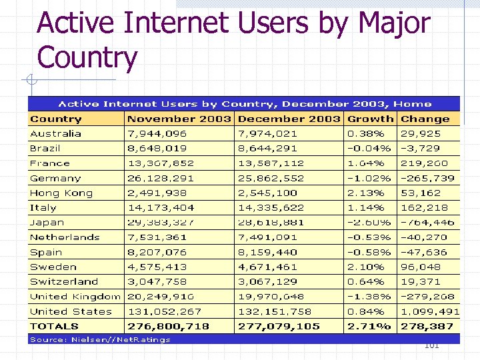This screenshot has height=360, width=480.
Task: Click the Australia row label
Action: click(x=55, y=133)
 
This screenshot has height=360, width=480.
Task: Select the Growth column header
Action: click(x=371, y=119)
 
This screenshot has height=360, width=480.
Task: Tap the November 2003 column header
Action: click(x=179, y=119)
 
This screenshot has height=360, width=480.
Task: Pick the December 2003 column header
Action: click(x=289, y=119)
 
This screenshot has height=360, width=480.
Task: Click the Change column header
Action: click(x=425, y=119)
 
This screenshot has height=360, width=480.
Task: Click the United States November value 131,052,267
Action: click(x=164, y=311)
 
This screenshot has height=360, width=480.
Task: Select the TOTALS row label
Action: click(x=54, y=326)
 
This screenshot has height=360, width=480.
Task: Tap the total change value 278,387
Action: click(x=427, y=326)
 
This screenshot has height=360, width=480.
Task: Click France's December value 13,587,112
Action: click(x=271, y=163)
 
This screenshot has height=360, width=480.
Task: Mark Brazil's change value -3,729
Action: click(x=420, y=148)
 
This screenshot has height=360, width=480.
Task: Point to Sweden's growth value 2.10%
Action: click(x=366, y=267)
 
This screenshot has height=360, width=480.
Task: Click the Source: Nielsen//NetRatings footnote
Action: click(x=100, y=339)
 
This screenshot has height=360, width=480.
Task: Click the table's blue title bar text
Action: click(x=245, y=103)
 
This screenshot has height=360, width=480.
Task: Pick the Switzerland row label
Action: click(x=64, y=281)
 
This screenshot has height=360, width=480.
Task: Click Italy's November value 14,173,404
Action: click(x=161, y=207)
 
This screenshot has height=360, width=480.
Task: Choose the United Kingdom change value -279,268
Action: click(x=427, y=297)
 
